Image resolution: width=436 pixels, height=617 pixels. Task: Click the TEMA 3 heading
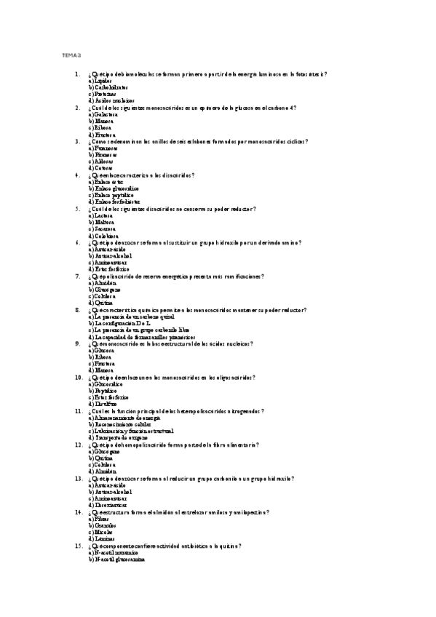pyautogui.click(x=71, y=55)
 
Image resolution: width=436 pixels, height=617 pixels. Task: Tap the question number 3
pyautogui.click(x=76, y=141)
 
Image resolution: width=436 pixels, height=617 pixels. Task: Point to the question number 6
pyautogui.click(x=76, y=242)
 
